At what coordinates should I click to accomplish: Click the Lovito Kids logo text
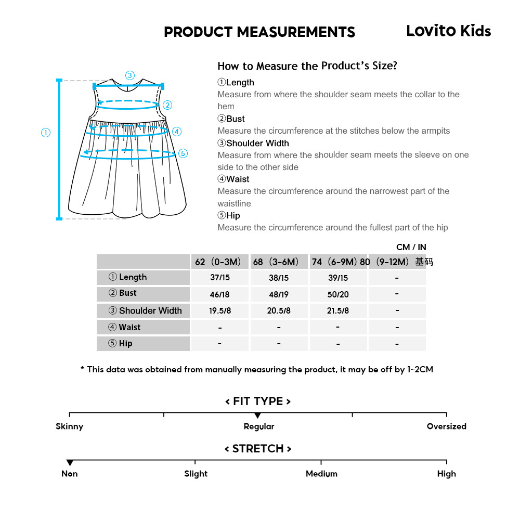coord(448,31)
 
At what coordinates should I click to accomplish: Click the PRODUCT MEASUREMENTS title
coord(259,32)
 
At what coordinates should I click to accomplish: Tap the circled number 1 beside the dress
coord(46,133)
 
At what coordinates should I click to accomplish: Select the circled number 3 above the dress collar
coord(130,75)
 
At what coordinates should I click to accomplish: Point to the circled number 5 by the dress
coord(183,153)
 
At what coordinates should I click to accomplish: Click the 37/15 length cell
coord(220,278)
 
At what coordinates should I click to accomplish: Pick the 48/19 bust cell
coord(279,294)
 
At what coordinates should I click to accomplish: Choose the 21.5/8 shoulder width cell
coord(338,311)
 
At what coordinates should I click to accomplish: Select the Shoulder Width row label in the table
coord(145,311)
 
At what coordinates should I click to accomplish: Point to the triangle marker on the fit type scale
coord(257,415)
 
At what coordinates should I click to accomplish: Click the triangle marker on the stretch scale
coord(70,463)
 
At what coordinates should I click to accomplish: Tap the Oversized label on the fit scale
coord(446,426)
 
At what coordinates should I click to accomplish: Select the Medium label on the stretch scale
coord(321,474)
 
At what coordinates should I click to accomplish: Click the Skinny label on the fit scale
coord(69,426)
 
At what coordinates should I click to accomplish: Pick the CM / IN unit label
coord(411,248)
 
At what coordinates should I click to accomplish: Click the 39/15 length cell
coord(338,278)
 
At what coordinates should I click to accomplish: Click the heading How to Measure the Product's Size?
coord(307,66)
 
